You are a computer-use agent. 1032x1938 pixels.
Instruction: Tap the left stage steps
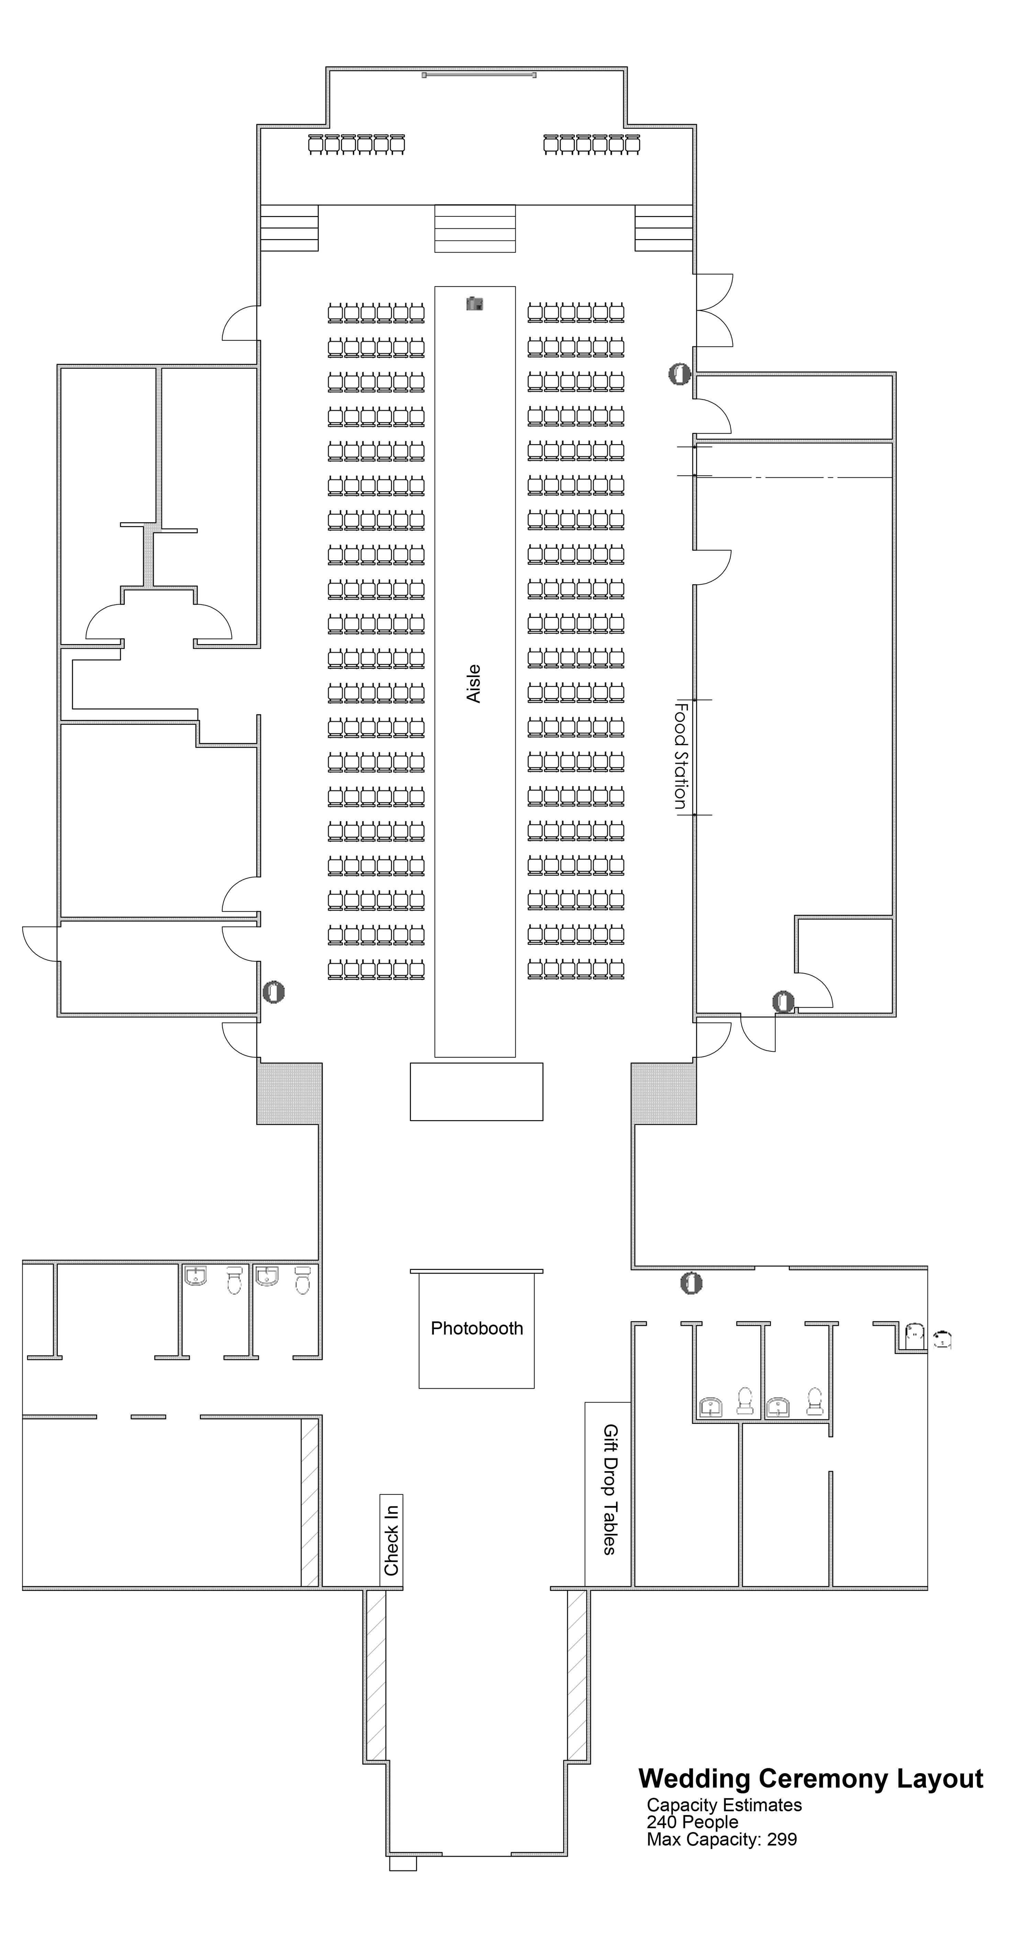click(289, 228)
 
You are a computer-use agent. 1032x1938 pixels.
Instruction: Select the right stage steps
click(663, 228)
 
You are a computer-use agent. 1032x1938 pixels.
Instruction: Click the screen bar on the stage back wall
click(479, 75)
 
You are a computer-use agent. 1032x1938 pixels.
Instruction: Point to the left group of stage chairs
click(357, 145)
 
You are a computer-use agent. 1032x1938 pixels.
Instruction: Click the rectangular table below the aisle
click(476, 1092)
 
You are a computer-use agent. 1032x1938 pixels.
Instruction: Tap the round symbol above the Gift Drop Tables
click(691, 1283)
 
